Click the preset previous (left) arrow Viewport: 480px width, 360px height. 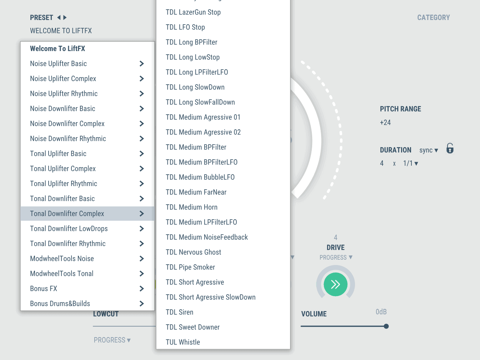pos(59,17)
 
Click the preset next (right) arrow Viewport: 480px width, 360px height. pos(65,17)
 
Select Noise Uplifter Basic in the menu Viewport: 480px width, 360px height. pos(59,64)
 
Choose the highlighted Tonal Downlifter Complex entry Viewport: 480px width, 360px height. pos(67,214)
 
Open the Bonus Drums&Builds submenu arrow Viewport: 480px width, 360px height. pos(141,304)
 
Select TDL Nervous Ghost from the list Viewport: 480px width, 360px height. pos(193,252)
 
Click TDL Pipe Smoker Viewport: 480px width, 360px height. pos(190,267)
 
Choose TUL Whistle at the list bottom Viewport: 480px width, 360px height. pos(182,342)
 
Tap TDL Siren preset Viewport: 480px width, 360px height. pos(179,312)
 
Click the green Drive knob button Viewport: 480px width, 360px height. pos(335,284)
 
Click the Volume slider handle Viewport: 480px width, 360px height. pos(386,326)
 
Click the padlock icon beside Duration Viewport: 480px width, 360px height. pos(450,148)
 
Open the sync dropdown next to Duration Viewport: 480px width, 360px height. pos(429,150)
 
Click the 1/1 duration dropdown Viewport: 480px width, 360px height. pos(410,164)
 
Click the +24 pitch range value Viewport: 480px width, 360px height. pos(385,122)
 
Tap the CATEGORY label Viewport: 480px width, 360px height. pos(433,17)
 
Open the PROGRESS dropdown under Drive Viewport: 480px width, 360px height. pos(336,257)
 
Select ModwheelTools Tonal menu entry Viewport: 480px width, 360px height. pos(62,274)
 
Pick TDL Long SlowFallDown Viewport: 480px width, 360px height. pos(200,102)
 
